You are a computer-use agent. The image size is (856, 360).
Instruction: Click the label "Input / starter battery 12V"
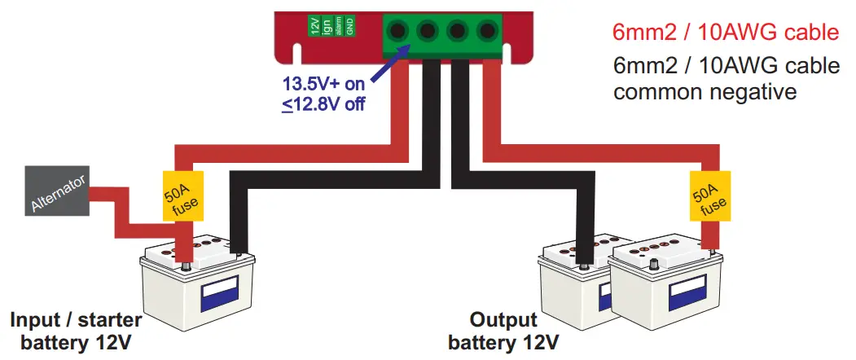click(x=77, y=330)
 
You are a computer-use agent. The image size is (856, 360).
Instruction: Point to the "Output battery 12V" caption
click(x=504, y=330)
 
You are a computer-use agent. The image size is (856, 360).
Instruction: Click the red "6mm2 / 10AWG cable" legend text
click(x=725, y=33)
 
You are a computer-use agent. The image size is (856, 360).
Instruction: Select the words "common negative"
click(x=705, y=92)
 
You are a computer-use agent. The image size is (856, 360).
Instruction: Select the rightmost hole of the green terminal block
click(x=487, y=31)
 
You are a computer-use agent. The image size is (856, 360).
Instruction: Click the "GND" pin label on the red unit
click(x=349, y=26)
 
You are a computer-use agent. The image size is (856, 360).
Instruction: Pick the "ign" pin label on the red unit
click(x=326, y=26)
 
